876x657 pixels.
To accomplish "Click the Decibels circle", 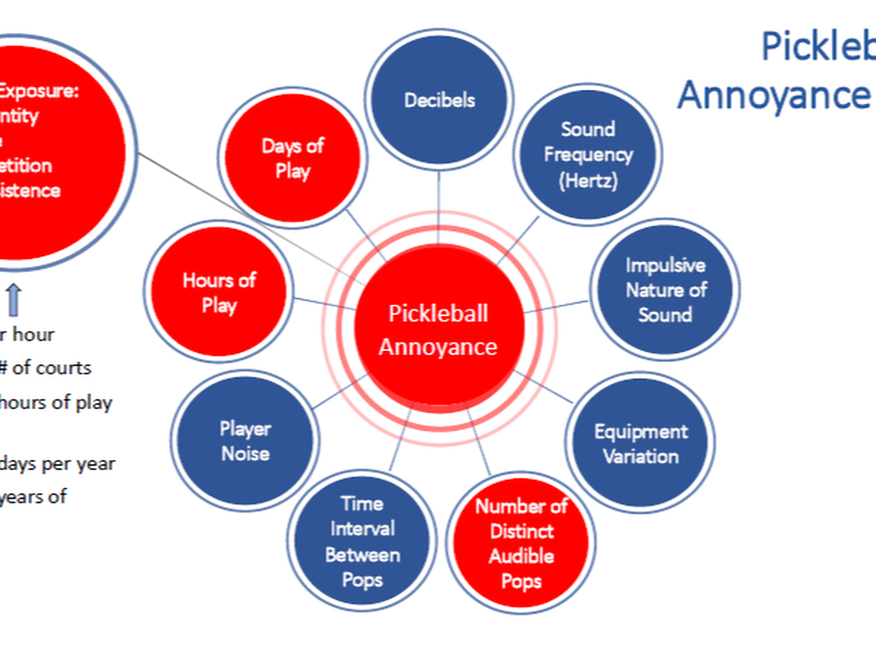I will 439,99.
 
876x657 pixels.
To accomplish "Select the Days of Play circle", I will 292,158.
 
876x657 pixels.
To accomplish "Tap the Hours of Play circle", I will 218,292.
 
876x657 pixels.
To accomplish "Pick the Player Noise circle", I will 245,441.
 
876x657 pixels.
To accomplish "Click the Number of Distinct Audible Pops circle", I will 520,543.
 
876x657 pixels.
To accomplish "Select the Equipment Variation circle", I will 640,443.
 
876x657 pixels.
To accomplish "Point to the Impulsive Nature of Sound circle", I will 665,290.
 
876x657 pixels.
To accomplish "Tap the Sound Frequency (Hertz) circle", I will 588,155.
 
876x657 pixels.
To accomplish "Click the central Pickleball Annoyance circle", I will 438,330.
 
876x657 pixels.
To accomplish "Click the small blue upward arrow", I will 15,299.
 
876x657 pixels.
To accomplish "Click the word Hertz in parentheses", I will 588,180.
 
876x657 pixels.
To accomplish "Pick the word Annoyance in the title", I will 774,95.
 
